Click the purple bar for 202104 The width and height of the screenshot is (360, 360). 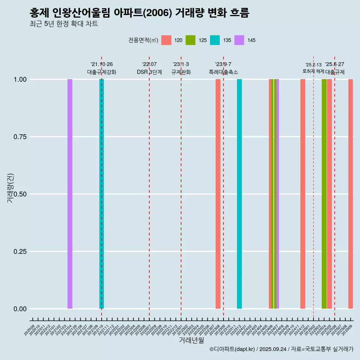(x=70, y=194)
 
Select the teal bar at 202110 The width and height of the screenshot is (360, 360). (x=102, y=194)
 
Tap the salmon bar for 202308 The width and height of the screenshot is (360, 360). (x=218, y=194)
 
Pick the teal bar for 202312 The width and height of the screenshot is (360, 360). (x=239, y=194)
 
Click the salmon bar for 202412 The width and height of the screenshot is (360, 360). (x=303, y=194)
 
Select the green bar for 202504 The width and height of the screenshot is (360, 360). (x=324, y=194)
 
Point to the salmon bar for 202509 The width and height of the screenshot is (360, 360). (x=351, y=194)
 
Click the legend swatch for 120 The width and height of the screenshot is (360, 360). (x=166, y=40)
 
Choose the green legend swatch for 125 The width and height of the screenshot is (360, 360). (x=190, y=40)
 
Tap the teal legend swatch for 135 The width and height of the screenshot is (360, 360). (x=215, y=40)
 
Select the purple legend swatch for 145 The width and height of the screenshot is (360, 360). (x=239, y=40)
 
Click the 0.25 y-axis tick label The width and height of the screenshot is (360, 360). (x=19, y=252)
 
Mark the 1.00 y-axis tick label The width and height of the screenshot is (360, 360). (x=19, y=79)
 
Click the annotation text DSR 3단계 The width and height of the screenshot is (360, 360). (x=149, y=72)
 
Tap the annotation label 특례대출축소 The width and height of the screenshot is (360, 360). (x=223, y=72)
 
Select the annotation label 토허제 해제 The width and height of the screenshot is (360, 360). (x=313, y=71)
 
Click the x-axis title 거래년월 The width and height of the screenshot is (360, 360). (x=192, y=340)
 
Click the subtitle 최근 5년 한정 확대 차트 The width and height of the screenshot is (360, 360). (x=64, y=24)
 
